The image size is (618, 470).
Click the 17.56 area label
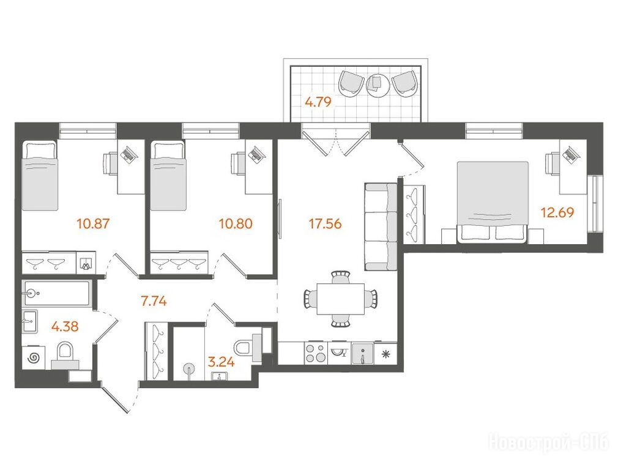coord(325,224)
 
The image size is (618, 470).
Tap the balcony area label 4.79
coord(318,102)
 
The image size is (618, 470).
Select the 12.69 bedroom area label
coord(557,213)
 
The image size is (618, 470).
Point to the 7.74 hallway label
coord(154,302)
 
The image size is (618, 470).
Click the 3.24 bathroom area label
coord(221,362)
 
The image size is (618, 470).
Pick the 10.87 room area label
coord(93,224)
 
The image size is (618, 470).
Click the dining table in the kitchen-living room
coord(341,299)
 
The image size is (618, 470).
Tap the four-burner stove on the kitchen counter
coord(316,353)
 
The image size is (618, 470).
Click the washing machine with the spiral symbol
coord(33,357)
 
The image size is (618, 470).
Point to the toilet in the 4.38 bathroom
coord(65,354)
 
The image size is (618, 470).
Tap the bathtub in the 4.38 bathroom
coord(57,293)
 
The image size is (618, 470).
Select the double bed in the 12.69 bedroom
coord(493,202)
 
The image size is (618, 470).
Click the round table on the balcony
coord(378,84)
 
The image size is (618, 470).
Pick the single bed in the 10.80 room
coord(168,176)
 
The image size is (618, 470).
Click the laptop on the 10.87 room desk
coord(130,154)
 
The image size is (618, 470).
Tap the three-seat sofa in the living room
coord(381,226)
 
